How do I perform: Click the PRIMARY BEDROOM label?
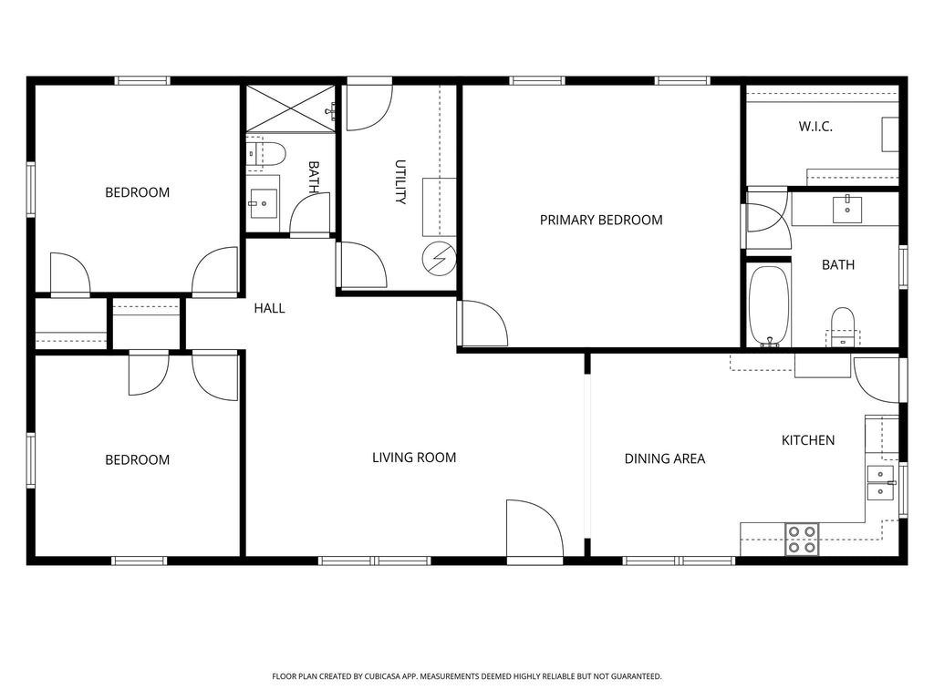(601, 221)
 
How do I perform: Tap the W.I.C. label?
(815, 126)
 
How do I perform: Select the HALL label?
(269, 308)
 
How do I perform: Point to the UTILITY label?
(401, 182)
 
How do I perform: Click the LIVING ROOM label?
(414, 458)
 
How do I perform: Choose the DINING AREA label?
(665, 459)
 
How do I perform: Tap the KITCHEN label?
(808, 440)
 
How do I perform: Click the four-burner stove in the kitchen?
(802, 540)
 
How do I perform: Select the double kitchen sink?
(880, 483)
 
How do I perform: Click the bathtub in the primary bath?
(769, 306)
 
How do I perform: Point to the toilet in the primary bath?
(842, 327)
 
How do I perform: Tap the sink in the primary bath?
(847, 210)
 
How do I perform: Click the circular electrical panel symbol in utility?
(440, 260)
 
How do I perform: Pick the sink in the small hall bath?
(263, 203)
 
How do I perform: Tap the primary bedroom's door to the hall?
(483, 324)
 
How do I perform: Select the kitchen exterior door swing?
(877, 379)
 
